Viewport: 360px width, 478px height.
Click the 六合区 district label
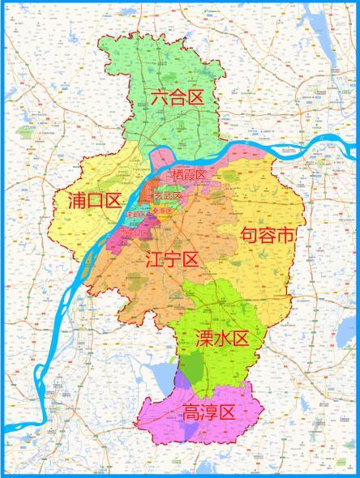pyautogui.click(x=176, y=97)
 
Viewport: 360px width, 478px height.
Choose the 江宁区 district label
pyautogui.click(x=172, y=260)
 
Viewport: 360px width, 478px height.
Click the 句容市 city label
pyautogui.click(x=267, y=236)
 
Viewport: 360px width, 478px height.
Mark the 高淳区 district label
pyautogui.click(x=208, y=412)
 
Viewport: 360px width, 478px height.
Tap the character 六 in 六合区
pyautogui.click(x=158, y=97)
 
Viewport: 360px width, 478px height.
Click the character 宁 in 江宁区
pyautogui.click(x=172, y=260)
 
